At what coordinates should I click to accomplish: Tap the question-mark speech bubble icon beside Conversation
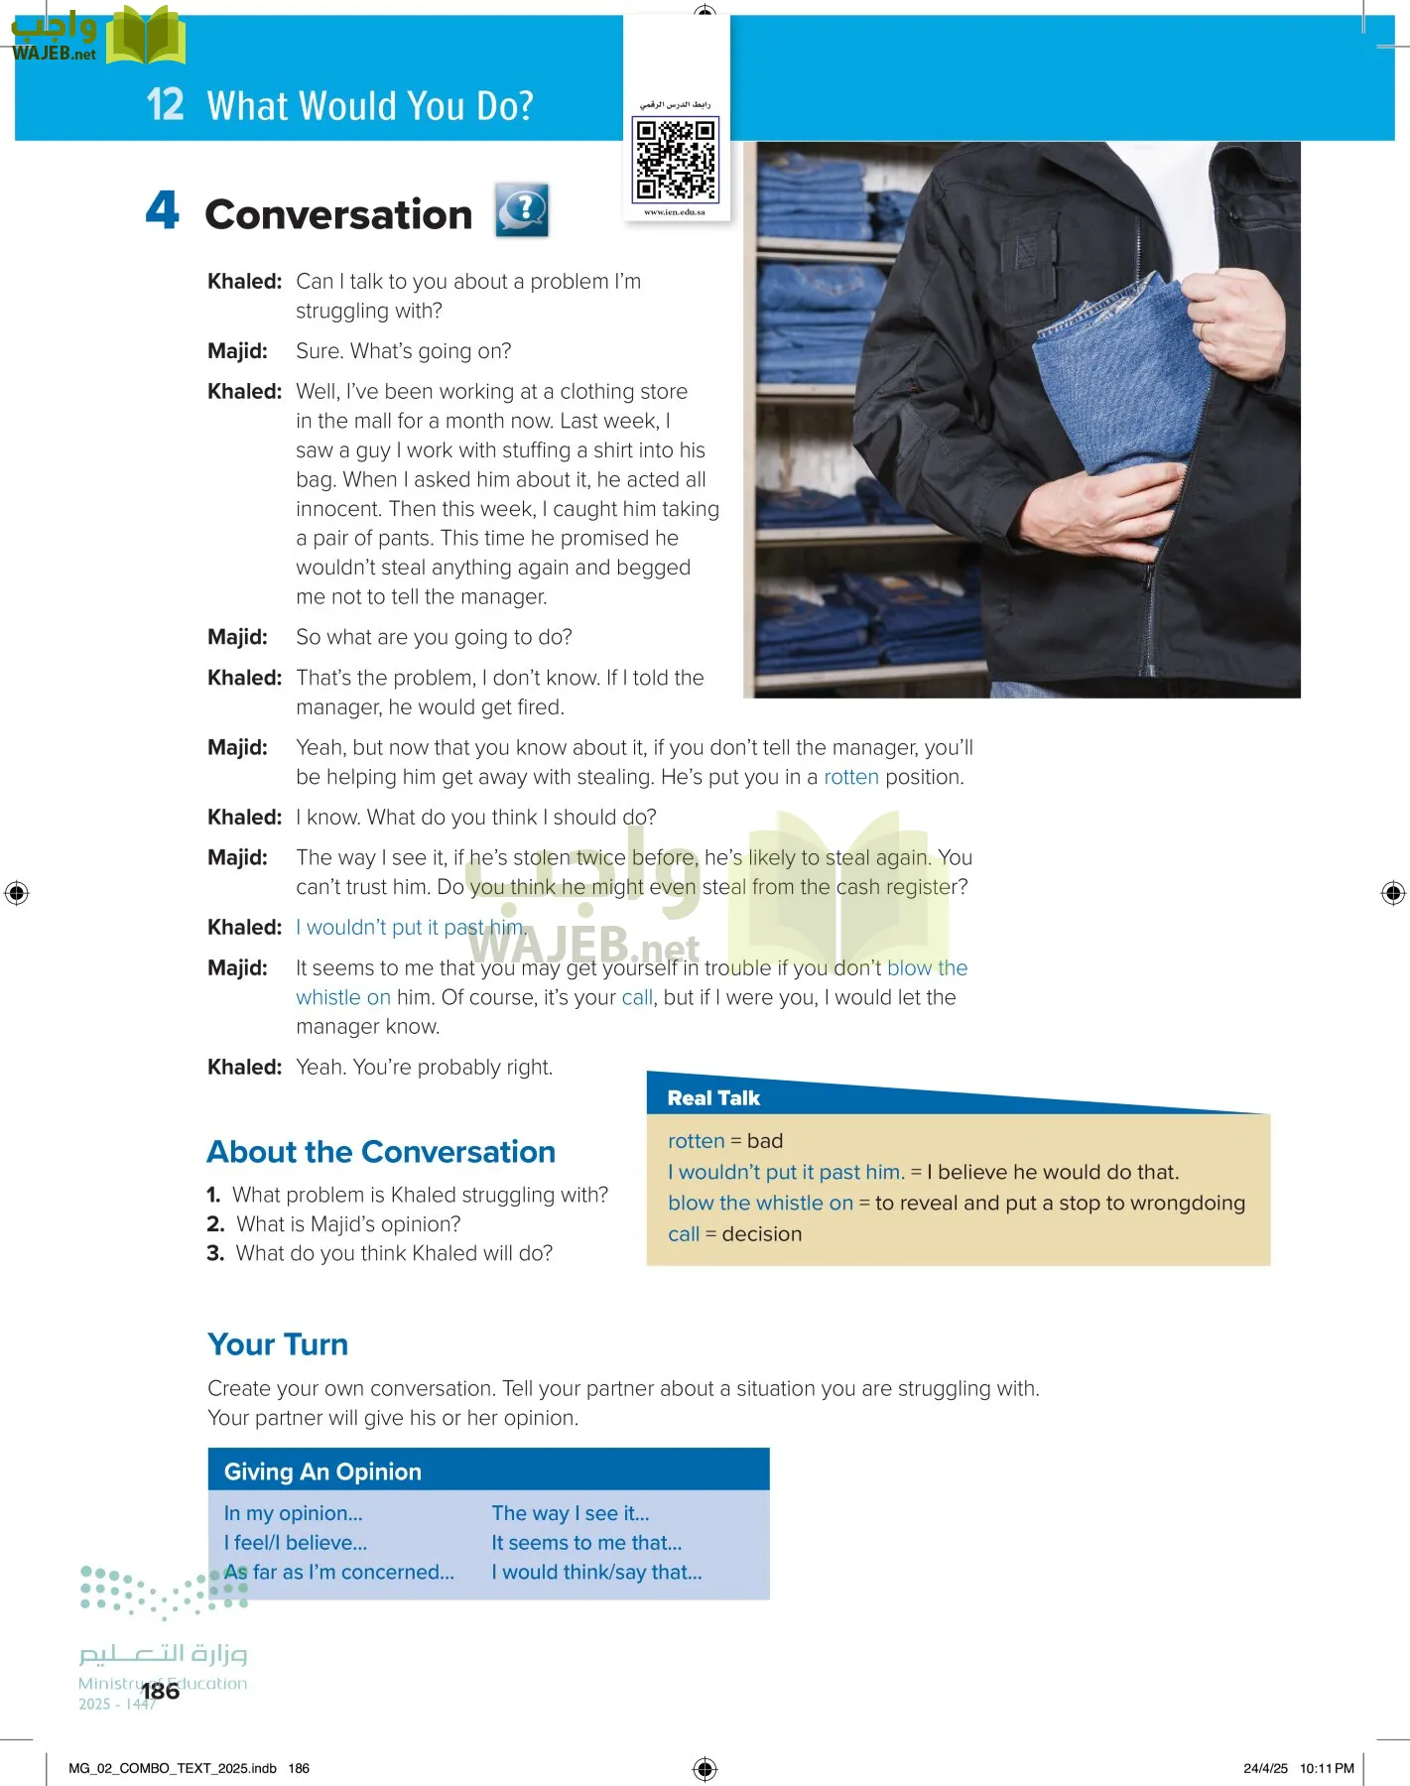click(x=522, y=210)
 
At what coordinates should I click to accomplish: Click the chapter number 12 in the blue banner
click(x=165, y=104)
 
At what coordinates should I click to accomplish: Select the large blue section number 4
click(x=163, y=210)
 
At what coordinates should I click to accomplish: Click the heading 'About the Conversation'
click(x=381, y=1152)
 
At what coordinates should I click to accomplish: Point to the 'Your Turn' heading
click(x=278, y=1344)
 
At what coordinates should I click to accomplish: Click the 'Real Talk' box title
click(x=713, y=1098)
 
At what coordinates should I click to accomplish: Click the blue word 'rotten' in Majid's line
click(x=851, y=777)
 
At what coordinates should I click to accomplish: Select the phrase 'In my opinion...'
click(x=294, y=1513)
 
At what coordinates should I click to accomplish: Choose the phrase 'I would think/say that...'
click(x=596, y=1572)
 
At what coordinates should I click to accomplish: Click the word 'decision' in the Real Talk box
click(x=762, y=1234)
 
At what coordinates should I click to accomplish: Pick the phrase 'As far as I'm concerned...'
click(x=339, y=1572)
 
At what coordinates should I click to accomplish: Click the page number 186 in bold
click(x=161, y=1691)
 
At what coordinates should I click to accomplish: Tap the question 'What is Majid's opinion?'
click(x=348, y=1224)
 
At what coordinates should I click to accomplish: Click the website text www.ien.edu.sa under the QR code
click(x=675, y=212)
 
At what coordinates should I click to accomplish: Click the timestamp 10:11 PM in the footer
click(x=1327, y=1768)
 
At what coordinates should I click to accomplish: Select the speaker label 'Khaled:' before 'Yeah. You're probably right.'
click(x=244, y=1068)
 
